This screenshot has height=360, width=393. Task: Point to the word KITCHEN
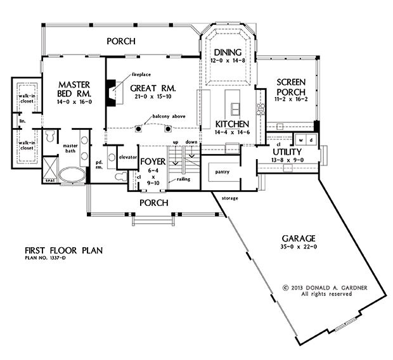231,124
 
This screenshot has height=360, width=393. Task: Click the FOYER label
153,162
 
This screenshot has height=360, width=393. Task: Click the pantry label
222,172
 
